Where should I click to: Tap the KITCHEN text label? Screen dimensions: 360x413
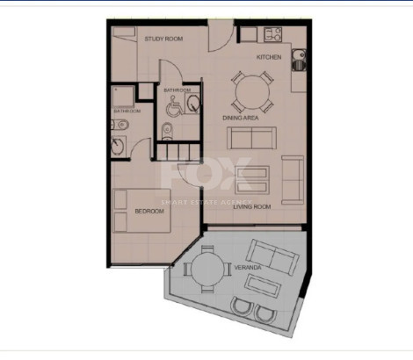[269, 56]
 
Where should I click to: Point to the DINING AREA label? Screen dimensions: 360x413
[239, 117]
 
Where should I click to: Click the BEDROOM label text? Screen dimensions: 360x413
[149, 212]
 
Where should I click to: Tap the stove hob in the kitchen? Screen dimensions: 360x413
[272, 36]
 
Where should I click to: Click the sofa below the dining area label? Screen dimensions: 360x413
[250, 138]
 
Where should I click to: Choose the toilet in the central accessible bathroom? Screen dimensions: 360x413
[168, 132]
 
